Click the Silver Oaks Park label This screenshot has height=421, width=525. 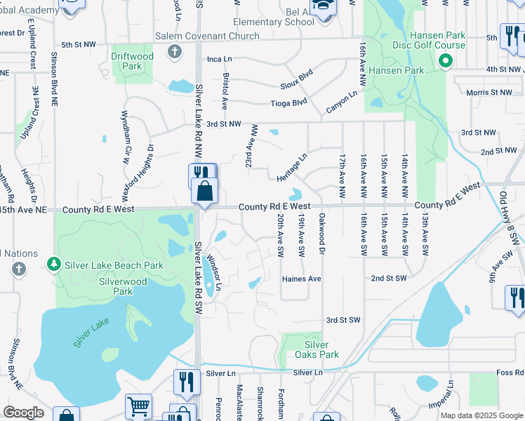point(317,349)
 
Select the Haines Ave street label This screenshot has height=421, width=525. point(301,279)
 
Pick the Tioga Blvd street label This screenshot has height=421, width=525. point(289,102)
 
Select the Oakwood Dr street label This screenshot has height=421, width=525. point(322,234)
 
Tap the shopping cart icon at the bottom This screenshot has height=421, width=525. point(138,406)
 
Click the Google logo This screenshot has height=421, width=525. point(23,413)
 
